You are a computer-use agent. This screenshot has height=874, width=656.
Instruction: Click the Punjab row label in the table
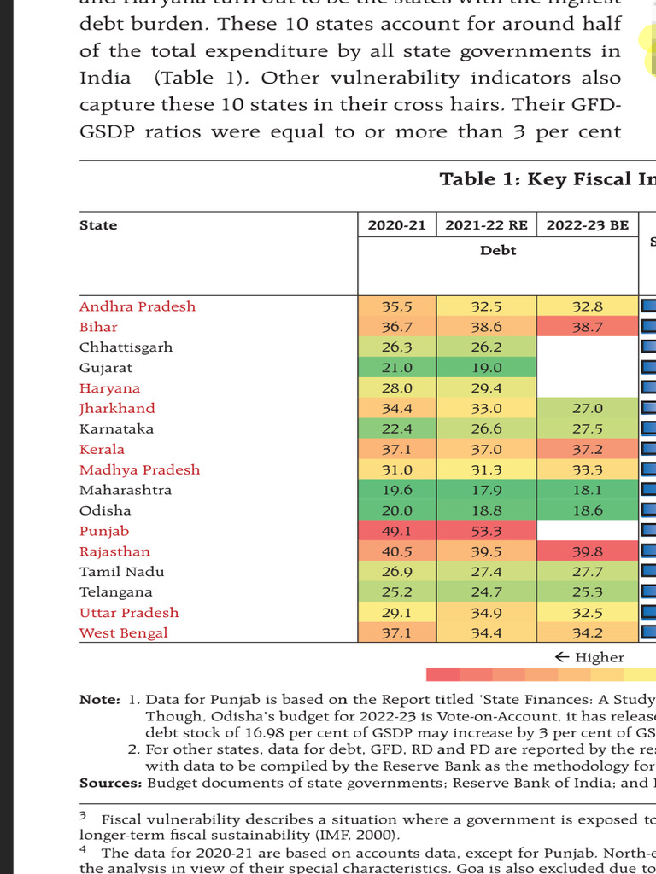point(103,531)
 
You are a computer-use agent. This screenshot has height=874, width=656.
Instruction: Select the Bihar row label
point(98,327)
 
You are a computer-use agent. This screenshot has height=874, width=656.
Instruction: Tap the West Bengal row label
point(123,632)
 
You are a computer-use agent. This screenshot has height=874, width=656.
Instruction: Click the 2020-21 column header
point(396,225)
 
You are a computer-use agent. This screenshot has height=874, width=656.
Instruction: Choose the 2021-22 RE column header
point(486,225)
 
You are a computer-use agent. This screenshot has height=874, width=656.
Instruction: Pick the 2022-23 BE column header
point(587,225)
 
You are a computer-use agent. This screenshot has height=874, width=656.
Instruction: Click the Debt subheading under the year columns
point(498,250)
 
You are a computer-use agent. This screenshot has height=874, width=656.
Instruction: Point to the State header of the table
point(98,225)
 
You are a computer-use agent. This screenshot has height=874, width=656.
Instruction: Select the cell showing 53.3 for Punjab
point(486,531)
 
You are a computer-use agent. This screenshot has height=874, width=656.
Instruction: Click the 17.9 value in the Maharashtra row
point(486,490)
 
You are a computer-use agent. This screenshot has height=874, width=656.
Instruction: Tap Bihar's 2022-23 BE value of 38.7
point(587,327)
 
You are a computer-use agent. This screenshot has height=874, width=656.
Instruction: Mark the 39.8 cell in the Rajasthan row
point(587,551)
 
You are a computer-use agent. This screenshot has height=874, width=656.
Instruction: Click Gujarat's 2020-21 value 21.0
point(396,368)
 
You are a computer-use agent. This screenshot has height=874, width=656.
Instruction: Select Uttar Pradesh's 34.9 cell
point(486,613)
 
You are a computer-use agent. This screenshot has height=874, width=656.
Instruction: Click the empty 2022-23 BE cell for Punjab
point(587,531)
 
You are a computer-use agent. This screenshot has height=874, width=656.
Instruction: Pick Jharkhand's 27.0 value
point(587,409)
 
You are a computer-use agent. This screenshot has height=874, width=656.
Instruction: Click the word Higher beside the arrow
point(600,657)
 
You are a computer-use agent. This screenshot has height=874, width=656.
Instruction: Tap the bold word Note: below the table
point(100,699)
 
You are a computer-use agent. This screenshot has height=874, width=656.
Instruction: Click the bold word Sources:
point(111,783)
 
